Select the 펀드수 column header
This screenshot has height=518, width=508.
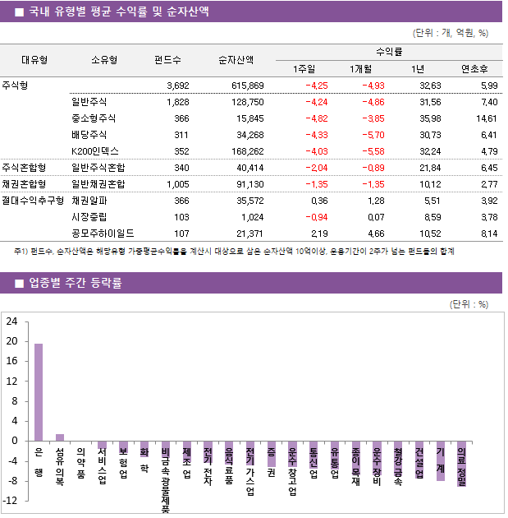click(x=167, y=59)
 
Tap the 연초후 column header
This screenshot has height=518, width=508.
click(x=474, y=68)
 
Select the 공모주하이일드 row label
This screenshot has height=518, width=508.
click(x=103, y=234)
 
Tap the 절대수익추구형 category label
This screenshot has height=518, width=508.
click(x=34, y=201)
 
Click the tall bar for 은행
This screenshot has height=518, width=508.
click(x=39, y=392)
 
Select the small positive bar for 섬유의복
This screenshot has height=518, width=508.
click(x=60, y=437)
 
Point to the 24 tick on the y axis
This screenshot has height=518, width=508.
click(x=11, y=321)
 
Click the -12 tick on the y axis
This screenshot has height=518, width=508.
click(x=10, y=501)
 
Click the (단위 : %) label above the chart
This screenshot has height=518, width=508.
click(x=469, y=303)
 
